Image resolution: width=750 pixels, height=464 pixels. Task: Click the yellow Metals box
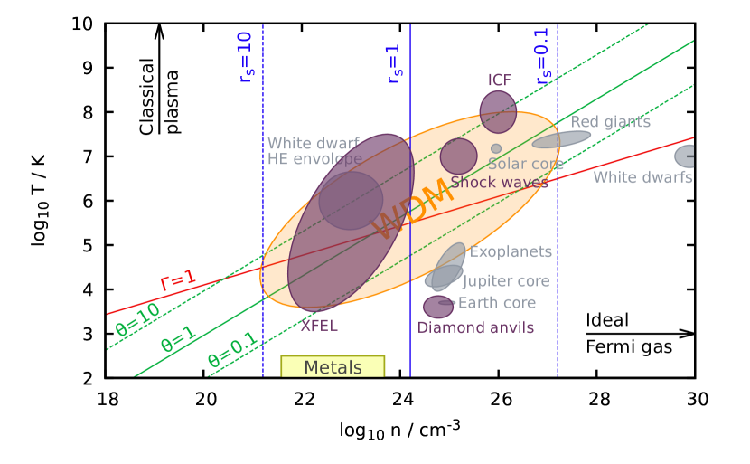333,366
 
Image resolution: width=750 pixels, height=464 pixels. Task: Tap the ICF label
500,80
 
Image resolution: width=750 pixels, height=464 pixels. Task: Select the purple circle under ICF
498,112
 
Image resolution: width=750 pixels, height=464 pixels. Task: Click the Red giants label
610,122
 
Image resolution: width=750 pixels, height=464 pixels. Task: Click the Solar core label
526,165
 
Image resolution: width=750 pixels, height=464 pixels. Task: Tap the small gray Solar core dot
496,148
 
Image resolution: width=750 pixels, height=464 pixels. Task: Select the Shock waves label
499,183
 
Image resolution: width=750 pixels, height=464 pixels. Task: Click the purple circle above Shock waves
458,156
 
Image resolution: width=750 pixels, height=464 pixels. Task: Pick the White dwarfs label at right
642,177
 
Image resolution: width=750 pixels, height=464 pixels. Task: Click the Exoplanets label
511,252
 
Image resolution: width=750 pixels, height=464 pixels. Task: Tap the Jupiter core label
506,281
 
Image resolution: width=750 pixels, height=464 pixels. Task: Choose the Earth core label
497,303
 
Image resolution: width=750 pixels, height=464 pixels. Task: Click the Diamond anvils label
475,327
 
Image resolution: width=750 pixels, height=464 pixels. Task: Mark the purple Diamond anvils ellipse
438,307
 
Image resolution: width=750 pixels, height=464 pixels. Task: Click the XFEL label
319,326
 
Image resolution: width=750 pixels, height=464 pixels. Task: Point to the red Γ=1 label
177,280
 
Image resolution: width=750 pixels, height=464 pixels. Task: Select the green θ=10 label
137,319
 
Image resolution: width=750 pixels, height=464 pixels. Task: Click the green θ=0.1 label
233,353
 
